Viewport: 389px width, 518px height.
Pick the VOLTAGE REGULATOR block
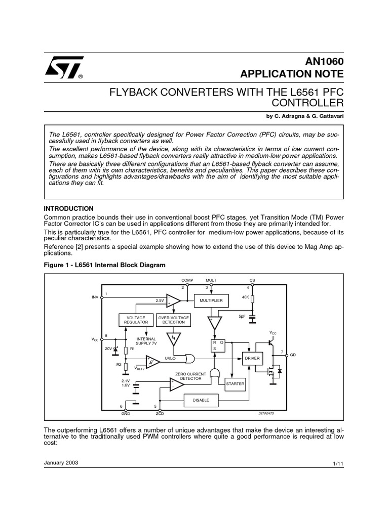click(x=136, y=320)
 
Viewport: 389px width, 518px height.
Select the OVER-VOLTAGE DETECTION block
click(x=173, y=320)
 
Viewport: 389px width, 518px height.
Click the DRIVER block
click(x=252, y=358)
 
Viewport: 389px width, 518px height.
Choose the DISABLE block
click(x=201, y=400)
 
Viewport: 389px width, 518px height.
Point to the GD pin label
click(x=293, y=356)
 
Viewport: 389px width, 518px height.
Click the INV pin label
click(x=95, y=297)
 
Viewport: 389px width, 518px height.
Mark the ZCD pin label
click(x=160, y=413)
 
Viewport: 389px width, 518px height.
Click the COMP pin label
click(x=187, y=280)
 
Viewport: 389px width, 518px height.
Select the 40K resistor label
click(x=245, y=297)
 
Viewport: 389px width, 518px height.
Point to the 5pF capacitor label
click(x=242, y=316)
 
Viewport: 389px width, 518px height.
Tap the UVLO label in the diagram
click(x=170, y=358)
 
